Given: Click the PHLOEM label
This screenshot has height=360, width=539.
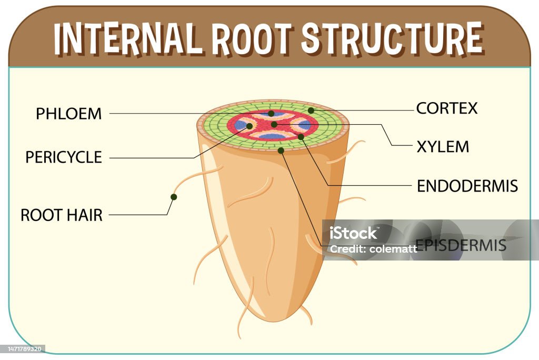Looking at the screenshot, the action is (x=69, y=114).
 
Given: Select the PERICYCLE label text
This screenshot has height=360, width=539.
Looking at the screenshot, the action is (x=64, y=157).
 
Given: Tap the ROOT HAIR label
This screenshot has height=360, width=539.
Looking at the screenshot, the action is (x=62, y=215).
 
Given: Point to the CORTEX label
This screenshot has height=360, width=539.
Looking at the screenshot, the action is (x=447, y=108).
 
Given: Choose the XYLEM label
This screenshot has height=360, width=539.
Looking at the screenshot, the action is (x=443, y=147).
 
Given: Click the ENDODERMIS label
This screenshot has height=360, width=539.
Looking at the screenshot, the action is (x=467, y=186).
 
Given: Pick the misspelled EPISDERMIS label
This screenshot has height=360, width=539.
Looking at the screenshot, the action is (x=461, y=245).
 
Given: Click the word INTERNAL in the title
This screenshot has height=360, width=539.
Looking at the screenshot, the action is (x=127, y=38).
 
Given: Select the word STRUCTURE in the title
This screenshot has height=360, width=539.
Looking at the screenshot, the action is (x=392, y=37).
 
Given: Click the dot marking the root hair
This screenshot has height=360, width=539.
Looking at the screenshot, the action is (x=174, y=197).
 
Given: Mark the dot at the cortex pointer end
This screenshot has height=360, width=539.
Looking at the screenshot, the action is (x=311, y=111).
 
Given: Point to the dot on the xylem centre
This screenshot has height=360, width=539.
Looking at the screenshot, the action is (x=274, y=124).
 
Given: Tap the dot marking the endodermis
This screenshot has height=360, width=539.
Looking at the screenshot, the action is (x=301, y=137).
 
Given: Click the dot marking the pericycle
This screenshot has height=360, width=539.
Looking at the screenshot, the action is (x=249, y=126).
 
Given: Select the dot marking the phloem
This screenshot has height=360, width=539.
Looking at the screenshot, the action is (x=271, y=114).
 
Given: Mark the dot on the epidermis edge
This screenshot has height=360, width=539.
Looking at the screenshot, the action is (x=281, y=150).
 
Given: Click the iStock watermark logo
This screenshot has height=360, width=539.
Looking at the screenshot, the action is (x=353, y=233).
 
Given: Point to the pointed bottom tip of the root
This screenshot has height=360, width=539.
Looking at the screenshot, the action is (x=273, y=321).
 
